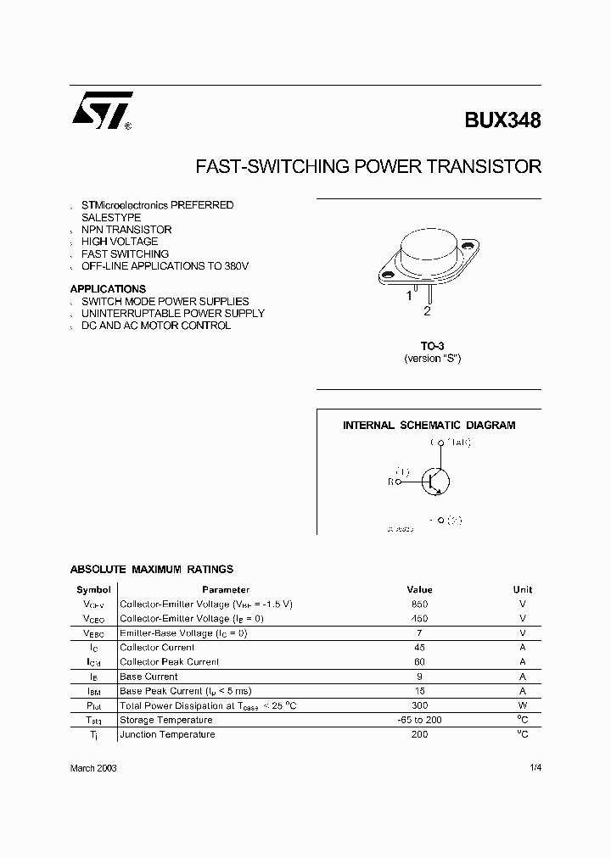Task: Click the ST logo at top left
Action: point(101,110)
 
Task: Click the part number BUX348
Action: point(502,120)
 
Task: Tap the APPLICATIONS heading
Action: point(108,289)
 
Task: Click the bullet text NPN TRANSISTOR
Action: point(126,230)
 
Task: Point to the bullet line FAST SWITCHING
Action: point(125,253)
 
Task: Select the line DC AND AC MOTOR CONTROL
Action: point(156,326)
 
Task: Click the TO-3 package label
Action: point(432,346)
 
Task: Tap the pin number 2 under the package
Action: point(427,311)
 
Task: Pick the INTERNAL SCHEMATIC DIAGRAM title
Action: point(429,426)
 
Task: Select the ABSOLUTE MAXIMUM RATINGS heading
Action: point(151,570)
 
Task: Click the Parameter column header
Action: point(226,589)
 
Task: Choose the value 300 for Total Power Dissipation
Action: point(419,705)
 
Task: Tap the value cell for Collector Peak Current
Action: point(419,661)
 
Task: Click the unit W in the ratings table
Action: point(523,705)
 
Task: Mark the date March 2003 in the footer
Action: point(93,767)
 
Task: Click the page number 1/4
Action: point(533,767)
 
